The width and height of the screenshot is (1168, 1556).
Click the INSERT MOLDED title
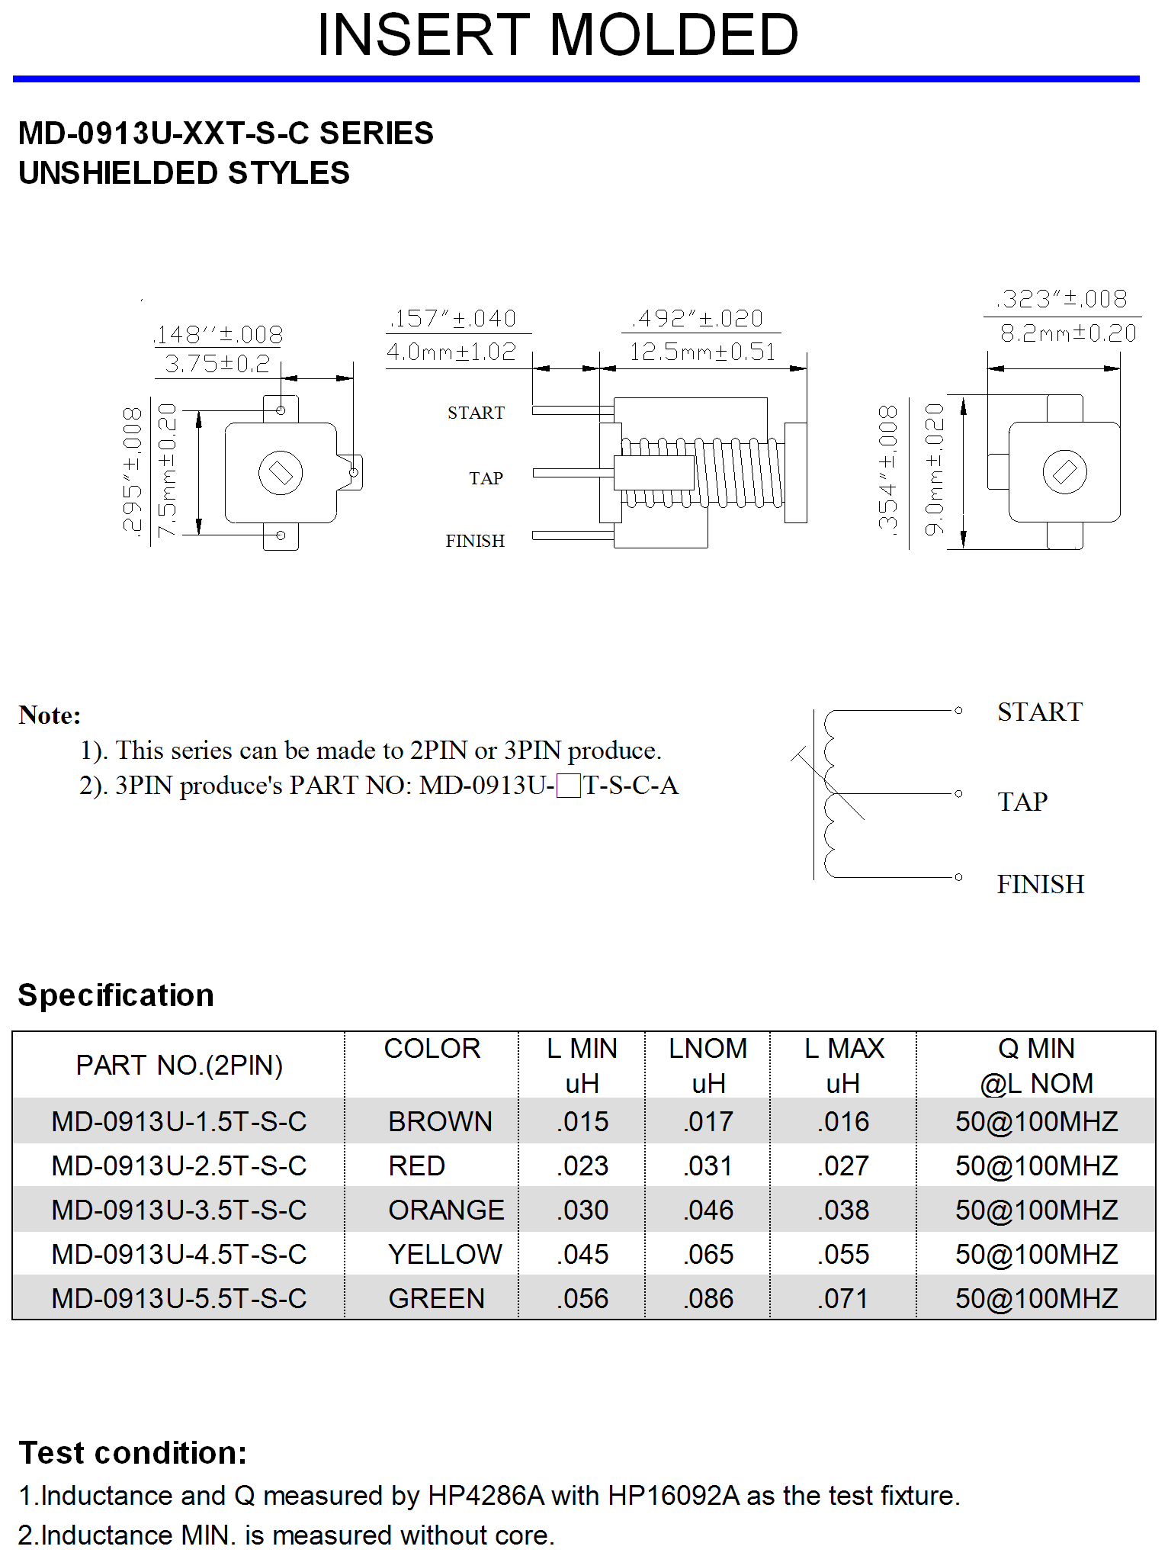click(x=557, y=35)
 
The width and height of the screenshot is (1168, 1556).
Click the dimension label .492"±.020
click(x=698, y=318)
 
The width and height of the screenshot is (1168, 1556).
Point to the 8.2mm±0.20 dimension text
click(x=1068, y=333)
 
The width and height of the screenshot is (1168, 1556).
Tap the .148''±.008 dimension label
click(x=218, y=334)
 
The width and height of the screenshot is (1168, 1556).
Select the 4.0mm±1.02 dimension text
click(x=451, y=352)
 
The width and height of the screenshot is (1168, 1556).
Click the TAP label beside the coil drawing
click(x=486, y=478)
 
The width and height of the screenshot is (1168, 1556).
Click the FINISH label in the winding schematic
click(x=1040, y=884)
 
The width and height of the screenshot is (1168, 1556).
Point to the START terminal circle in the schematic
click(x=958, y=710)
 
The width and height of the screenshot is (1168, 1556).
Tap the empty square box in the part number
click(x=569, y=785)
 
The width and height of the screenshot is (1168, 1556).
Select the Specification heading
click(x=116, y=995)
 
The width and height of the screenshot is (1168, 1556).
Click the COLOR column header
click(x=432, y=1049)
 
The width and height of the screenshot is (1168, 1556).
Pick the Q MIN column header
click(x=1036, y=1066)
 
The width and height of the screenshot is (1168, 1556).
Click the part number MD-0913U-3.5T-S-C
click(x=179, y=1210)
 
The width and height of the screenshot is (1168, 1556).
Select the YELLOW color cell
click(x=445, y=1254)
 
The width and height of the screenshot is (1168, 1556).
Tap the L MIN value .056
click(x=582, y=1298)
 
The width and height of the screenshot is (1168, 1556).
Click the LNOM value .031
click(x=708, y=1165)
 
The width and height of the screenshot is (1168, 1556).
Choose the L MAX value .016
click(x=843, y=1121)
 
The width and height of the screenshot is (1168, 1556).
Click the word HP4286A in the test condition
click(x=486, y=1496)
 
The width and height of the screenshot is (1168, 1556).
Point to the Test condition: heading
click(x=133, y=1453)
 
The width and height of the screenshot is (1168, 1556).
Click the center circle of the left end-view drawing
click(x=281, y=473)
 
